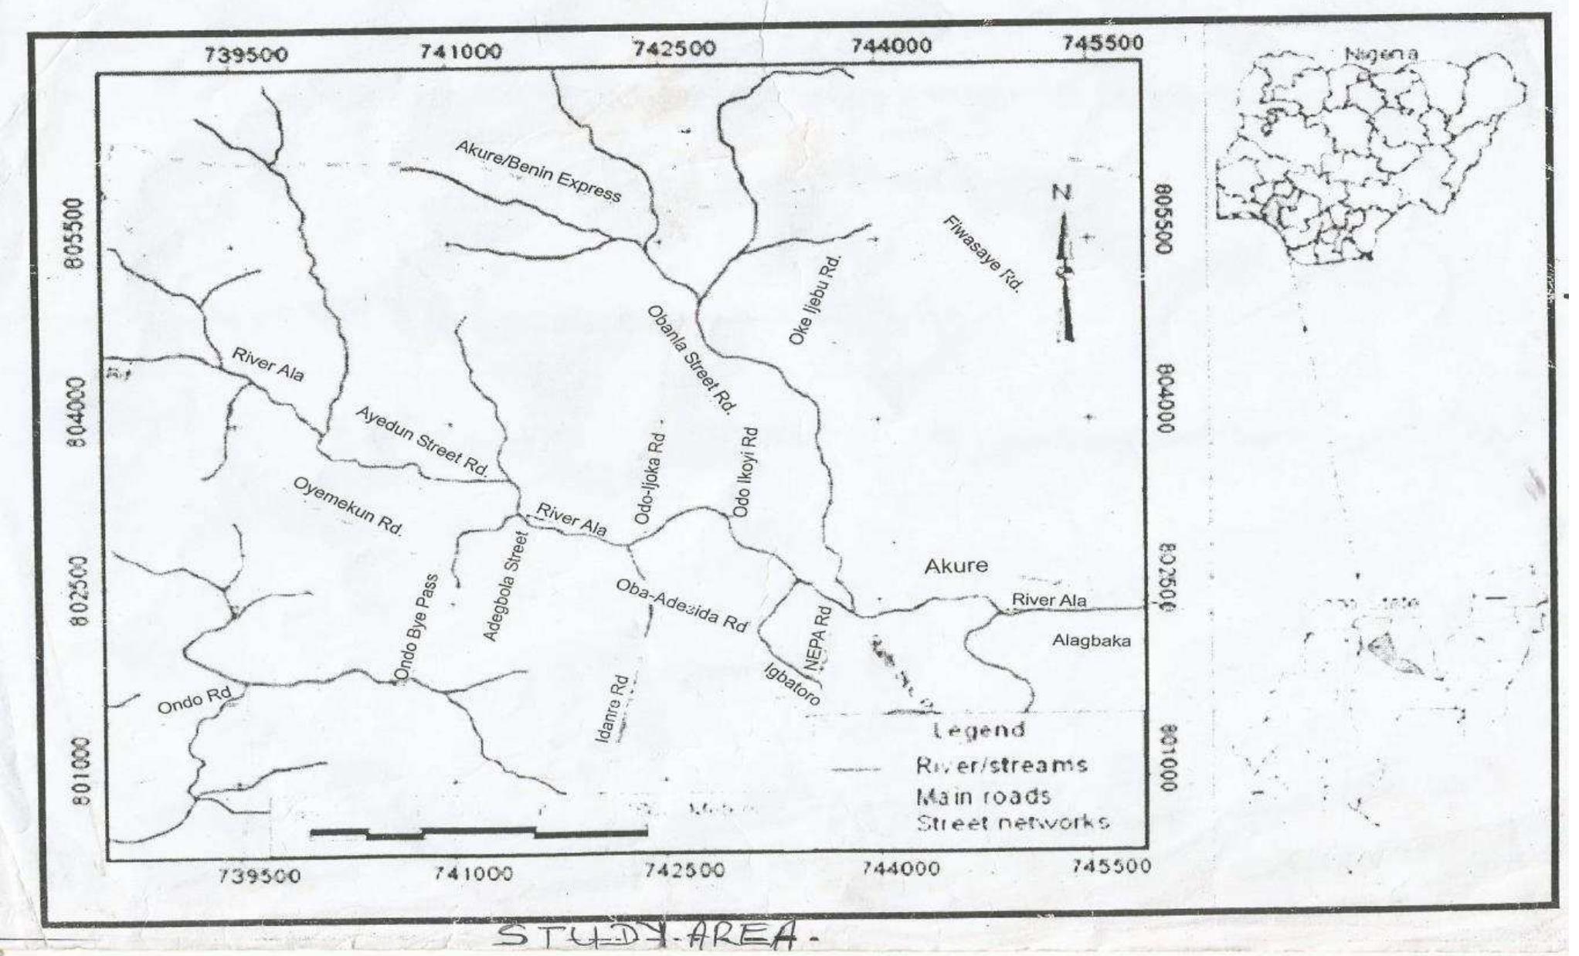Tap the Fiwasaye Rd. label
tap(983, 253)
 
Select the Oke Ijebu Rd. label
tap(815, 300)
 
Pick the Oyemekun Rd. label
tap(348, 506)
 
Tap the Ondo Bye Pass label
tap(416, 629)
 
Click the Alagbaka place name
tap(1091, 641)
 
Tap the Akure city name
tap(956, 566)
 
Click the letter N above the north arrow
tap(1063, 192)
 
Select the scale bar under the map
tap(478, 832)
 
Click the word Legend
tap(979, 730)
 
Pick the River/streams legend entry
tap(1001, 765)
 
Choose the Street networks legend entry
tap(1012, 822)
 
